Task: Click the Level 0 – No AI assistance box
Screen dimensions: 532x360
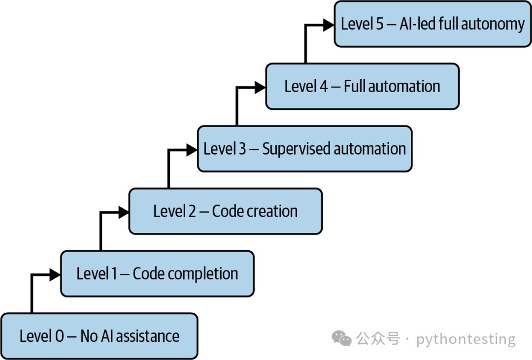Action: [x=100, y=336]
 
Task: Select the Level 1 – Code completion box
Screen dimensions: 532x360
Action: [x=158, y=274]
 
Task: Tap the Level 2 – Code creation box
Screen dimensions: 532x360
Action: [x=226, y=211]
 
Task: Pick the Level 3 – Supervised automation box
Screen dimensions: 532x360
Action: [x=305, y=149]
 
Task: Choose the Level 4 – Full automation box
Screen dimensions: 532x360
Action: [x=363, y=86]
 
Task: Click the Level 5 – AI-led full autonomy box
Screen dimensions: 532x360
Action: [x=432, y=24]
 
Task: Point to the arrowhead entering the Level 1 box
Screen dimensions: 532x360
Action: [x=55, y=274]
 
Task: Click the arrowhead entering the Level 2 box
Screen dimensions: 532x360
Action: [x=124, y=212]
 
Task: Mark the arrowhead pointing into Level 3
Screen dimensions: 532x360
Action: [x=192, y=150]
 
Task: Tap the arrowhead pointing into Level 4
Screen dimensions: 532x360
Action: [x=260, y=88]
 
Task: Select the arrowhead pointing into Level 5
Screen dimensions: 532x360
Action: [x=329, y=25]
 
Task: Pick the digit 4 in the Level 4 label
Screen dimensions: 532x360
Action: [x=324, y=87]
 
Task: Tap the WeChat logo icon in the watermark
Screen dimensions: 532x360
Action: [x=342, y=338]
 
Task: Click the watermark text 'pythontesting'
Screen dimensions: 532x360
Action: [x=466, y=339]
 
